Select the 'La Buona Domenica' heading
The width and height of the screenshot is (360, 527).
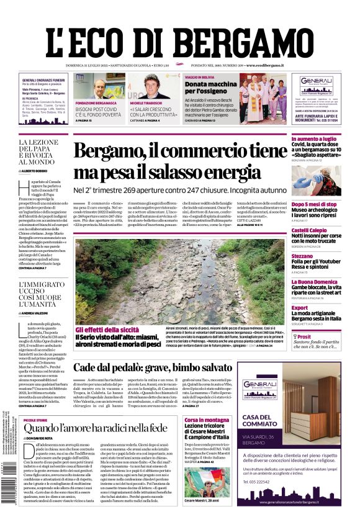314,282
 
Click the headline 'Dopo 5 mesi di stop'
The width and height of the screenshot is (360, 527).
314,204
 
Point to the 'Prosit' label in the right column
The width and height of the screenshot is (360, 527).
305,337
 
